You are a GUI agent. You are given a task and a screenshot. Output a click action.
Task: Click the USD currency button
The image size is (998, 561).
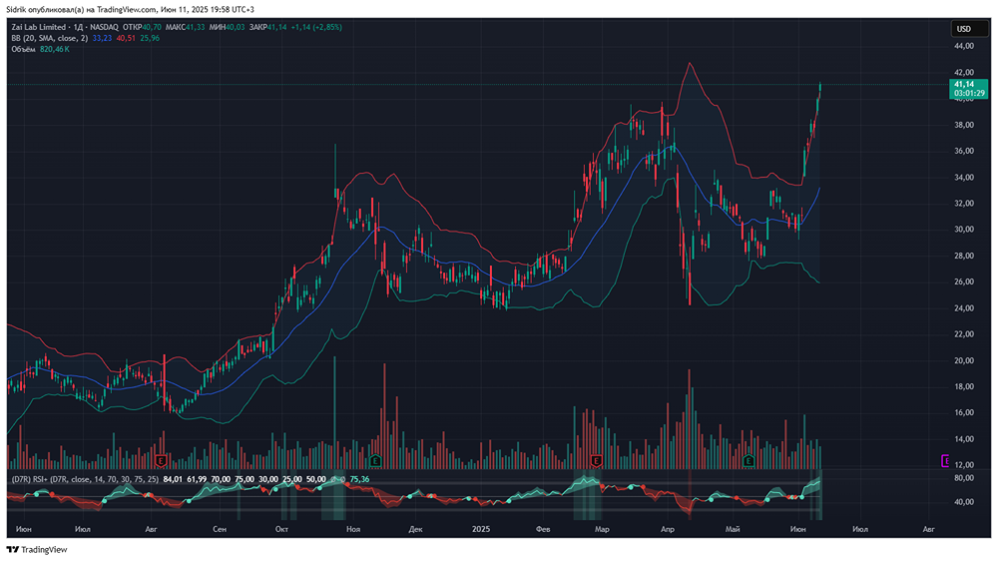point(963,29)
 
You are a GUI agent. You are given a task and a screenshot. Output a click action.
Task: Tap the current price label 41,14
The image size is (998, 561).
point(963,85)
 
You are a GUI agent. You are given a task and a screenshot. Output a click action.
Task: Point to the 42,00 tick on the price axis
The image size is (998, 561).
point(963,73)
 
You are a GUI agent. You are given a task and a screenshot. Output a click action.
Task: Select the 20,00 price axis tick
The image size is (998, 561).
point(963,360)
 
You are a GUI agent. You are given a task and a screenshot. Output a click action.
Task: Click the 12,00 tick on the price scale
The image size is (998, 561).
point(963,465)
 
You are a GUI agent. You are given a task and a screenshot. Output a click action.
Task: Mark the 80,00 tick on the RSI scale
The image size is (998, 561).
point(963,478)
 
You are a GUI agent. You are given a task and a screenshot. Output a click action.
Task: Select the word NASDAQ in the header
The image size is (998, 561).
point(105,28)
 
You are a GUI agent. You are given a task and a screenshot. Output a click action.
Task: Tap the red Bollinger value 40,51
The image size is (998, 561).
point(126,38)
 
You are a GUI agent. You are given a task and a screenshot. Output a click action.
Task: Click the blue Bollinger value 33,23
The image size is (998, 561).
point(103,38)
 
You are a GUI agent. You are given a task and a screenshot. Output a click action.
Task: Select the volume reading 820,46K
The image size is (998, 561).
point(54,48)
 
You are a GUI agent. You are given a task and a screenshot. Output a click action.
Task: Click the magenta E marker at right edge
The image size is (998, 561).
point(946,460)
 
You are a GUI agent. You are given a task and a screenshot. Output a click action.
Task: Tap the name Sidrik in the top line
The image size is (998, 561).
point(18,9)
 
